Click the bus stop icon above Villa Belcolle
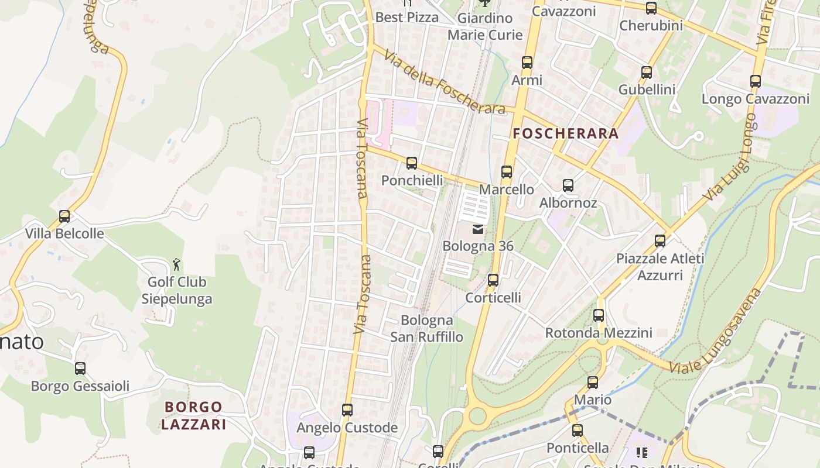(64, 216)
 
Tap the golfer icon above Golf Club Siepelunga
(176, 264)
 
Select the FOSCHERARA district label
(565, 133)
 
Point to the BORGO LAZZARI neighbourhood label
(193, 415)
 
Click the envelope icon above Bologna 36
(478, 229)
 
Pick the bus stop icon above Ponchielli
(412, 163)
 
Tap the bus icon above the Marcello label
(507, 172)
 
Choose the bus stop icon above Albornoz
(568, 185)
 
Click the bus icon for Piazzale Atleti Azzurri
(660, 240)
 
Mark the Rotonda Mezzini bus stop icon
(599, 315)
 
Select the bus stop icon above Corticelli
(493, 280)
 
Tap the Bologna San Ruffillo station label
(427, 329)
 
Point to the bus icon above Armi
(527, 63)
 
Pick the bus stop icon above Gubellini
(647, 73)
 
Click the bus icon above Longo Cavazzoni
(756, 81)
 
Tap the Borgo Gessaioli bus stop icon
(80, 369)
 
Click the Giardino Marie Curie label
(485, 26)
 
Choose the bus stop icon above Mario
(593, 383)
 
